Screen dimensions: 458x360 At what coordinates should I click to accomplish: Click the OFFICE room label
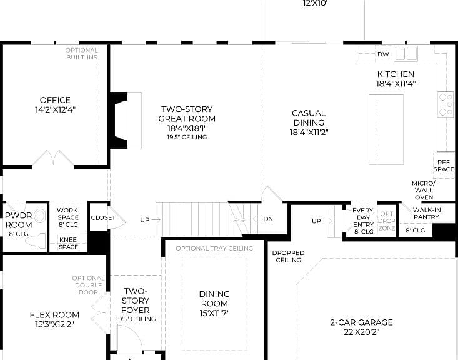(55, 100)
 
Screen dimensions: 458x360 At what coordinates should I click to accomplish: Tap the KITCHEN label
(396, 74)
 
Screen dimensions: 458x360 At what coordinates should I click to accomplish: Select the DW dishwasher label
(383, 54)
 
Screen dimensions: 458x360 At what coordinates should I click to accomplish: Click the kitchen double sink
(406, 54)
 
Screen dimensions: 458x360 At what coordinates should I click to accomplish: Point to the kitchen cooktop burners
(446, 104)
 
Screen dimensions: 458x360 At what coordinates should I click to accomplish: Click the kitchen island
(386, 129)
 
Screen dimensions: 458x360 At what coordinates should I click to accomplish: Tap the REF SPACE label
(444, 166)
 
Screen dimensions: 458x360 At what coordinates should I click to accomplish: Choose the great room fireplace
(126, 121)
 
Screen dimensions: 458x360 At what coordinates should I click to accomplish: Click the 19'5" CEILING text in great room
(187, 137)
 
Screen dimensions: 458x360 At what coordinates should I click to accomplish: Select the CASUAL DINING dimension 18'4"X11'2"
(309, 132)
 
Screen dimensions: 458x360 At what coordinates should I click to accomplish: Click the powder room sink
(40, 216)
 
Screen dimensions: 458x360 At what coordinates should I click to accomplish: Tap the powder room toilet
(36, 241)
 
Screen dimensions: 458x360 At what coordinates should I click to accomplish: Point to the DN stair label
(268, 219)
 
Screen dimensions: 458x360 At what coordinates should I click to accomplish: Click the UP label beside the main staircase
(144, 220)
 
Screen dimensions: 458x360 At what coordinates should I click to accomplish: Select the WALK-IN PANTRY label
(427, 214)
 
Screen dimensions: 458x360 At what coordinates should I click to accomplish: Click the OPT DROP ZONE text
(386, 221)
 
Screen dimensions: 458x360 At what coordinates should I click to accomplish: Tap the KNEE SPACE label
(68, 243)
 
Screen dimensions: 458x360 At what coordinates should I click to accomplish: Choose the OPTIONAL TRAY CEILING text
(214, 248)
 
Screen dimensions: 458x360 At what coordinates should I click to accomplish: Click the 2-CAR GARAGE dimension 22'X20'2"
(361, 332)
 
